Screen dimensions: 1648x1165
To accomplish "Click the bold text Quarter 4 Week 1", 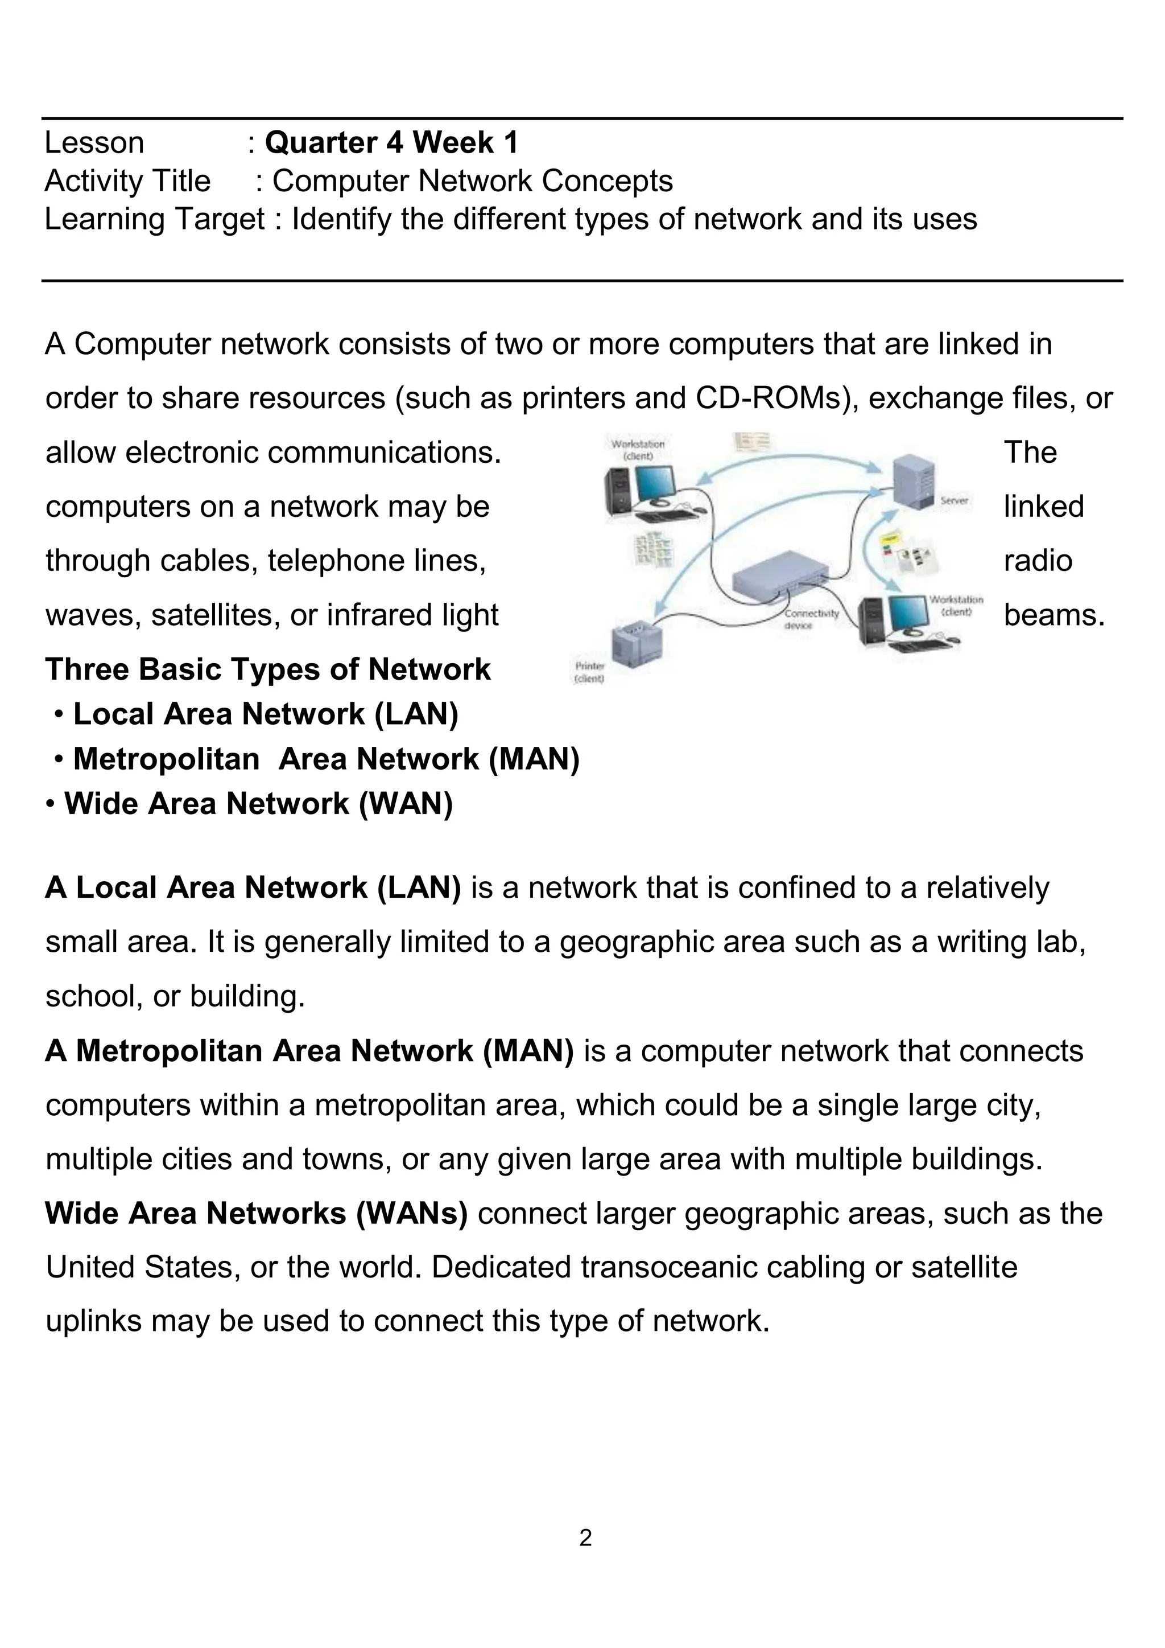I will coord(391,143).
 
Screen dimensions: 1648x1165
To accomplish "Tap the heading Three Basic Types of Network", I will coord(267,669).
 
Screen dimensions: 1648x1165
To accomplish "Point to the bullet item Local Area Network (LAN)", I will coord(266,714).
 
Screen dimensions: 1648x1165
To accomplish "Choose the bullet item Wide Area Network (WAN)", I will coord(258,803).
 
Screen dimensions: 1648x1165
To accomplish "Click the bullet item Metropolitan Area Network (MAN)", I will coord(327,759).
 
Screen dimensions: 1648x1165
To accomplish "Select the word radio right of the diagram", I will coord(1038,561).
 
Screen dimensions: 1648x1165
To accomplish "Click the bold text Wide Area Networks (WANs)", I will coord(256,1213).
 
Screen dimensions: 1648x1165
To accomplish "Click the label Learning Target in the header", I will coord(154,219).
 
